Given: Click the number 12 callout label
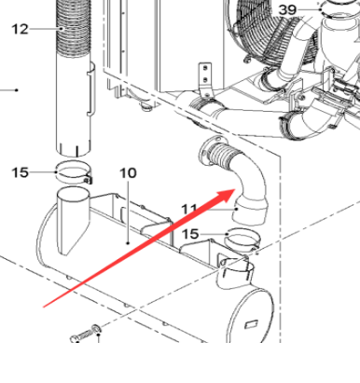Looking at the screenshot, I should coord(20,29).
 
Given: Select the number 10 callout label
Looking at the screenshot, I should coord(129,173).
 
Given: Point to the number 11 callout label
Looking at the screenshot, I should coord(189,209).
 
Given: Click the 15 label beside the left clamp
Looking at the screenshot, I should coord(21,171).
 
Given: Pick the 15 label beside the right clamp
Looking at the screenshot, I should coord(190,234).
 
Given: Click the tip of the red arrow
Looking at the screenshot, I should coord(235,189).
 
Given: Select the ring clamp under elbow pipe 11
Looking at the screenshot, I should coord(243,239).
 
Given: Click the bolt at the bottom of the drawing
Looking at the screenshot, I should coord(86,333).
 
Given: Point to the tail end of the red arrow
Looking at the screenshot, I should coord(42,305).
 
